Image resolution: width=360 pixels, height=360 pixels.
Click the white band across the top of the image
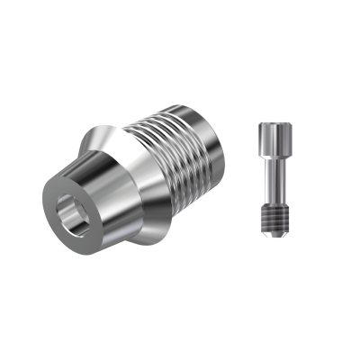(180, 31)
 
